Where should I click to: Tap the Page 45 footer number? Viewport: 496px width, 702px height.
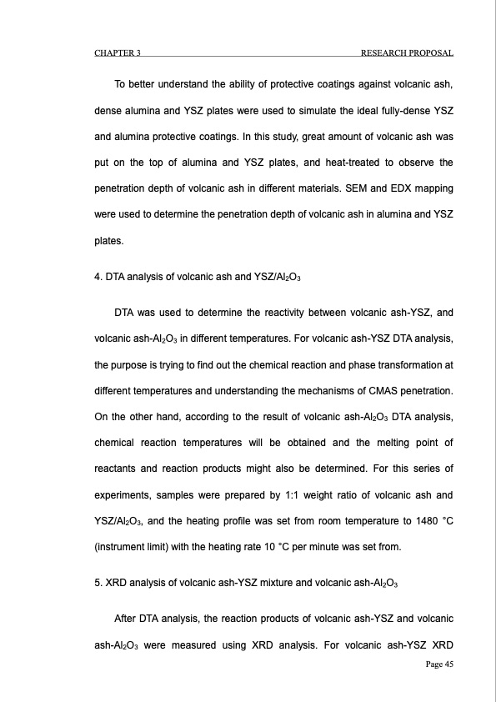[437, 664]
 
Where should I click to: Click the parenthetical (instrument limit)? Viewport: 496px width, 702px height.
[133, 547]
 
